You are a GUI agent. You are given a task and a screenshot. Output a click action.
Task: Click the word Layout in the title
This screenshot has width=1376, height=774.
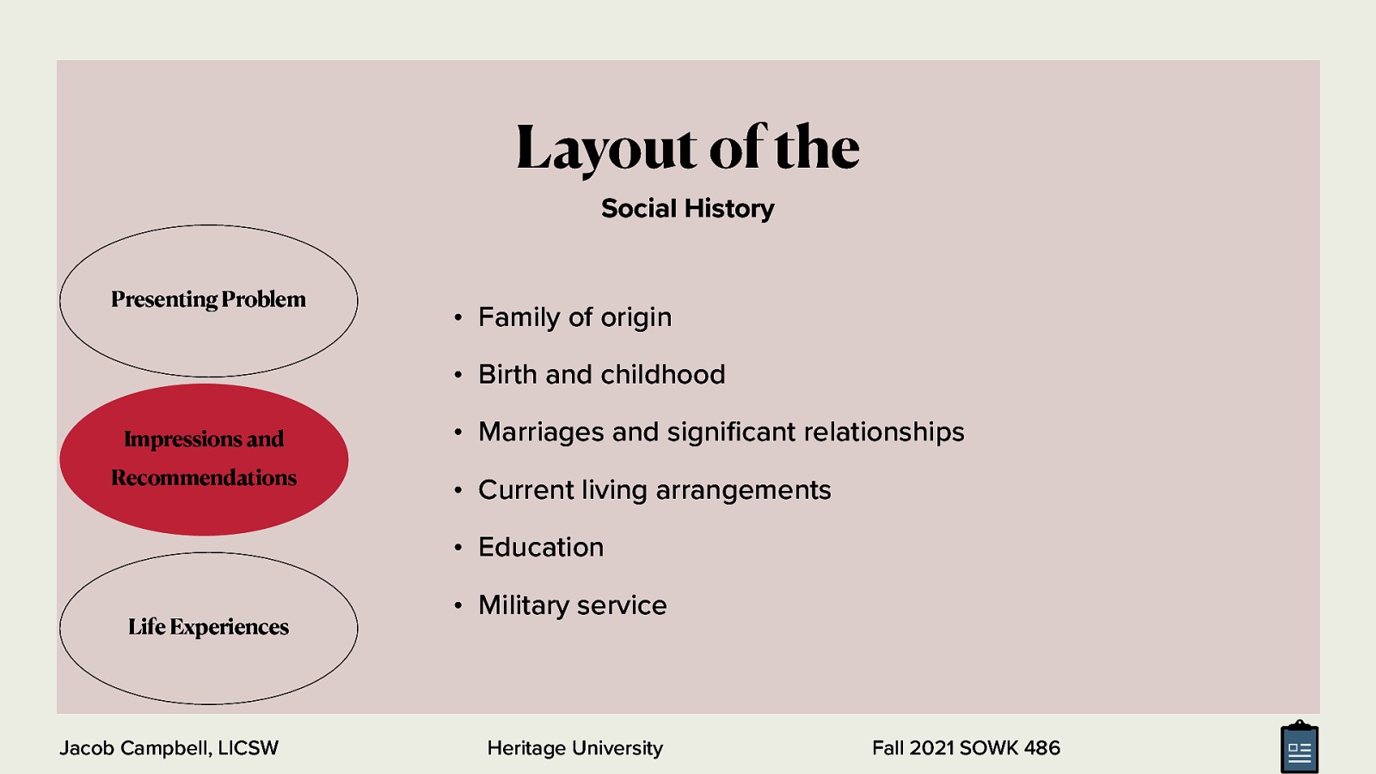click(605, 148)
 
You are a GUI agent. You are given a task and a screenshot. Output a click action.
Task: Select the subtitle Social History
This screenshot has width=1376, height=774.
click(687, 208)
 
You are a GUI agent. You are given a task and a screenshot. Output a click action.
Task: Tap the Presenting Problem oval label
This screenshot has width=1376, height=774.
click(208, 299)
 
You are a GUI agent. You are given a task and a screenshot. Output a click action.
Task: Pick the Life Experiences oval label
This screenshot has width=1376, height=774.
click(208, 627)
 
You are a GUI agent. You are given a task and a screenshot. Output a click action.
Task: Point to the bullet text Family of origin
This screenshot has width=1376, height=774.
click(574, 317)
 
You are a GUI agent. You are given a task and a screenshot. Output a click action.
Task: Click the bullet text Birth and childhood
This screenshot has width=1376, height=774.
click(601, 375)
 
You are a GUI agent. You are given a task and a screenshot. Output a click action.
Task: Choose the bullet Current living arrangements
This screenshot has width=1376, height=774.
click(654, 490)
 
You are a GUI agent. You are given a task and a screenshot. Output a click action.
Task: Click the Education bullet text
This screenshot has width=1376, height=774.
click(541, 548)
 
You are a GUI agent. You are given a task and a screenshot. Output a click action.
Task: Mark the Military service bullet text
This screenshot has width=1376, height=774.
click(572, 605)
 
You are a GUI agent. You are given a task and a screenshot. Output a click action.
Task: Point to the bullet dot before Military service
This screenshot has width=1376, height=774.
click(458, 606)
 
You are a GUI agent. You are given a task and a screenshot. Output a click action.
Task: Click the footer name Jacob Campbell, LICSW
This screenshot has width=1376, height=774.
click(169, 748)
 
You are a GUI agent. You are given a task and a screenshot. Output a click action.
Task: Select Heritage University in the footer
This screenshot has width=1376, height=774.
click(574, 748)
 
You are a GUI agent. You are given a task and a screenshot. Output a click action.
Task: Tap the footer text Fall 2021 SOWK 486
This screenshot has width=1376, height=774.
click(966, 748)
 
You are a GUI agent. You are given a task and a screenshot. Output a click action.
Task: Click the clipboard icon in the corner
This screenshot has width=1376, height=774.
click(1299, 748)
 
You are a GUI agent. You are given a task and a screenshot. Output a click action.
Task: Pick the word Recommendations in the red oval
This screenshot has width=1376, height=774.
click(204, 478)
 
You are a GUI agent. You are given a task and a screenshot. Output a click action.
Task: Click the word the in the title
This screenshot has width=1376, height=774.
click(816, 148)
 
